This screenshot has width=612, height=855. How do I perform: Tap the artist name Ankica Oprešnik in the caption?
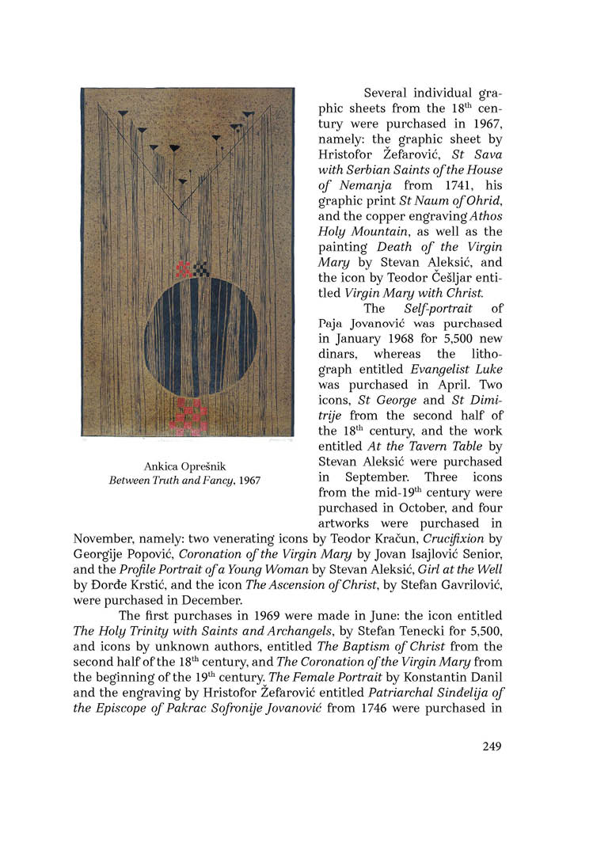tap(184, 466)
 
